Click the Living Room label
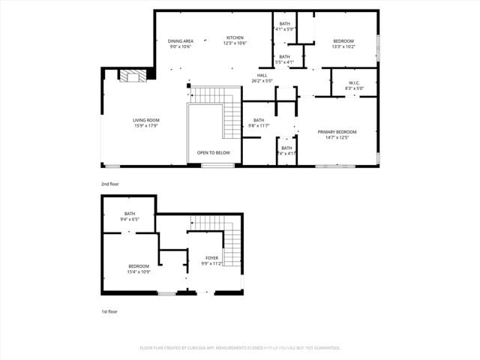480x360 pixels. pos(146,120)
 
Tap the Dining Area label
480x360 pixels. pos(180,40)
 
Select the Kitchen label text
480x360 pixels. pos(235,37)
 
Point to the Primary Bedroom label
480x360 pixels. pos(337,132)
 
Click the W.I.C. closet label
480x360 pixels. pos(354,82)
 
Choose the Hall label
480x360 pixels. pos(262,75)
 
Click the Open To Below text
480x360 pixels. pos(214,152)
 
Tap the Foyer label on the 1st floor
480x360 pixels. pos(213,259)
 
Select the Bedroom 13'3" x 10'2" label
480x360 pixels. pos(343,40)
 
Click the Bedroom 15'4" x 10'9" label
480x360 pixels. pos(139,266)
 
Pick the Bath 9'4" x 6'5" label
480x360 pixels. pos(130,214)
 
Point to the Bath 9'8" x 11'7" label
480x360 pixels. pos(258,121)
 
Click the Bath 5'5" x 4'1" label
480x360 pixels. pos(285,57)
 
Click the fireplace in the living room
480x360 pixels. pos(134,75)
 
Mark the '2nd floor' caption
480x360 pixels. pos(110,184)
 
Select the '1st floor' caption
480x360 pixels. pos(109,311)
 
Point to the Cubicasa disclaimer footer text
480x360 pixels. pos(240,348)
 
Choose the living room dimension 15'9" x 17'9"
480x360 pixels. pos(146,125)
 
